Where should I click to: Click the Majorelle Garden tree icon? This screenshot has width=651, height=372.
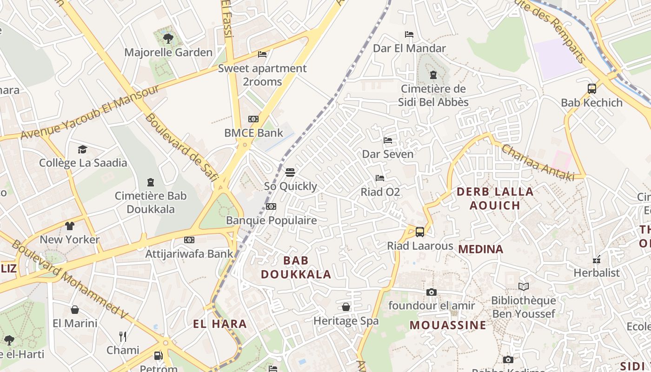pyautogui.click(x=168, y=38)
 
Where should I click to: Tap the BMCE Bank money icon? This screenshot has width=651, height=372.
pyautogui.click(x=253, y=119)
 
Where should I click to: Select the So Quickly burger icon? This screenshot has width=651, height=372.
pyautogui.click(x=290, y=173)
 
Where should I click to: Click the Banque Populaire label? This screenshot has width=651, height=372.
pyautogui.click(x=271, y=220)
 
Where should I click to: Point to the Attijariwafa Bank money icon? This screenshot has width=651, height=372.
pyautogui.click(x=189, y=240)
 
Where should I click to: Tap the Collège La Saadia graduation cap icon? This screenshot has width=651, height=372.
pyautogui.click(x=83, y=149)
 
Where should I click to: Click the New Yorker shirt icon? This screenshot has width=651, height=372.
pyautogui.click(x=70, y=226)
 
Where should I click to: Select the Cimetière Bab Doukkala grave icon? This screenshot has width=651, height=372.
pyautogui.click(x=151, y=182)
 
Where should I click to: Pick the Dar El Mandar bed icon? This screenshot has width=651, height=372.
pyautogui.click(x=409, y=34)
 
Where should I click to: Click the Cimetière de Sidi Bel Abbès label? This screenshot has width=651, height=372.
pyautogui.click(x=433, y=95)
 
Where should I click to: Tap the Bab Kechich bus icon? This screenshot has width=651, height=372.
pyautogui.click(x=591, y=89)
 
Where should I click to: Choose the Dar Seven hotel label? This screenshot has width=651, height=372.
pyautogui.click(x=387, y=154)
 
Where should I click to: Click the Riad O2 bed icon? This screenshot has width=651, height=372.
pyautogui.click(x=380, y=178)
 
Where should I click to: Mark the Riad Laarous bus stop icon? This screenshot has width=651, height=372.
pyautogui.click(x=420, y=232)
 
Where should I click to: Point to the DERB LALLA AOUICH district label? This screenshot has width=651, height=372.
pyautogui.click(x=495, y=198)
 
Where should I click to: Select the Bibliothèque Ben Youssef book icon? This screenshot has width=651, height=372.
pyautogui.click(x=523, y=286)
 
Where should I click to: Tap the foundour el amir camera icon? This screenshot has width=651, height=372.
pyautogui.click(x=432, y=292)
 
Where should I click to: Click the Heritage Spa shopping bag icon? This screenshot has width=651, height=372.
pyautogui.click(x=346, y=307)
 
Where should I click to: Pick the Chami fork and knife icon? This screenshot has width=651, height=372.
pyautogui.click(x=123, y=336)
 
